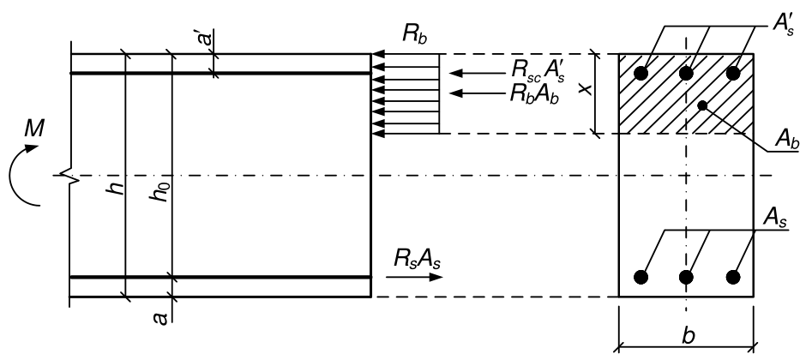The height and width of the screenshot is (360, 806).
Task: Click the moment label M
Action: [34, 129]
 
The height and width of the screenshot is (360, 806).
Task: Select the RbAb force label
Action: [533, 94]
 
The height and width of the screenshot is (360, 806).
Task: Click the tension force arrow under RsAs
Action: [414, 278]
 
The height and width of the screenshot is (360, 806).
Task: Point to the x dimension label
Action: [583, 89]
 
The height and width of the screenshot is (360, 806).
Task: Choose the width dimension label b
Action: [689, 335]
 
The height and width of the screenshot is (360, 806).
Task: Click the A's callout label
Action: [785, 24]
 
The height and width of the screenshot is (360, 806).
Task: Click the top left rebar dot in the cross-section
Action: [641, 74]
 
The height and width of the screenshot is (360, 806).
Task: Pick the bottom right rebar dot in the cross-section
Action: [733, 278]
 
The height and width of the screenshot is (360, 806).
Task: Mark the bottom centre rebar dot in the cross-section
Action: [686, 278]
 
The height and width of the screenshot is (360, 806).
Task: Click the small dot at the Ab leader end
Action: [703, 105]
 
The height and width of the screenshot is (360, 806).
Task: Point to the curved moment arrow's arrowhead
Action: [32, 148]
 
